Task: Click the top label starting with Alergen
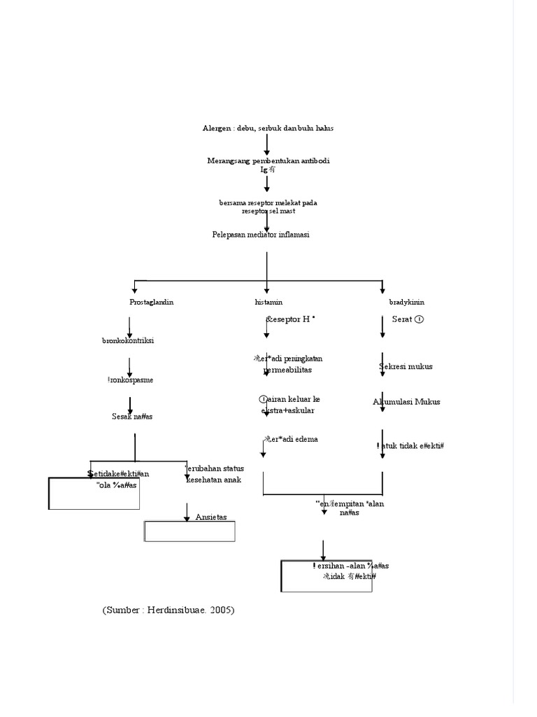pos(268,128)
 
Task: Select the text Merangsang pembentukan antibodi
pos(268,160)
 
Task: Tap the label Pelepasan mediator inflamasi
pos(261,235)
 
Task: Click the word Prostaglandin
pos(151,302)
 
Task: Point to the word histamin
pos(268,302)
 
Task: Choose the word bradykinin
pos(406,302)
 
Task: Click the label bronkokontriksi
pos(128,340)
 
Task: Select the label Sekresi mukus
pos(406,366)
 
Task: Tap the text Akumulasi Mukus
pos(408,401)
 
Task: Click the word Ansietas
pos(211,517)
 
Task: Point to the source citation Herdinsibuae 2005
pos(169,610)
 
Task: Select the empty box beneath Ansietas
pos(189,531)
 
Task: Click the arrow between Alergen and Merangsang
pos(267,144)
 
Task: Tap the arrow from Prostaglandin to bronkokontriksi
pos(129,326)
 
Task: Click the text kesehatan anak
pos(213,480)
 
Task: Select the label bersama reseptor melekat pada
pos(268,202)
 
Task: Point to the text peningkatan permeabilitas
pos(288,363)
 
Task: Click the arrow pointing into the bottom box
pos(323,550)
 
